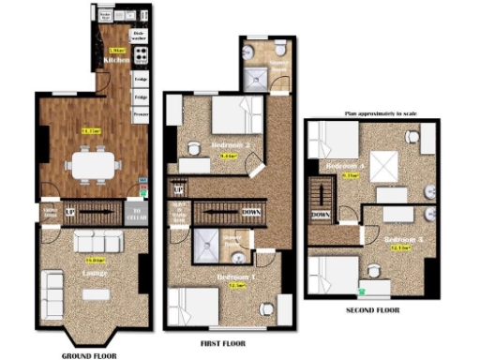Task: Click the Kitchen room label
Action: coord(116,59)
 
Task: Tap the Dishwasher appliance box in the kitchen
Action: coord(140,36)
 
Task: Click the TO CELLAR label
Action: coord(138,212)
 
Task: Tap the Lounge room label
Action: coord(93,273)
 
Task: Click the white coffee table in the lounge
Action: coord(95,293)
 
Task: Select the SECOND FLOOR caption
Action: coord(372,307)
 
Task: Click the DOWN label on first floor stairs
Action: coord(251,212)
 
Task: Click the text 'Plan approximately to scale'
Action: coord(384,113)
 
